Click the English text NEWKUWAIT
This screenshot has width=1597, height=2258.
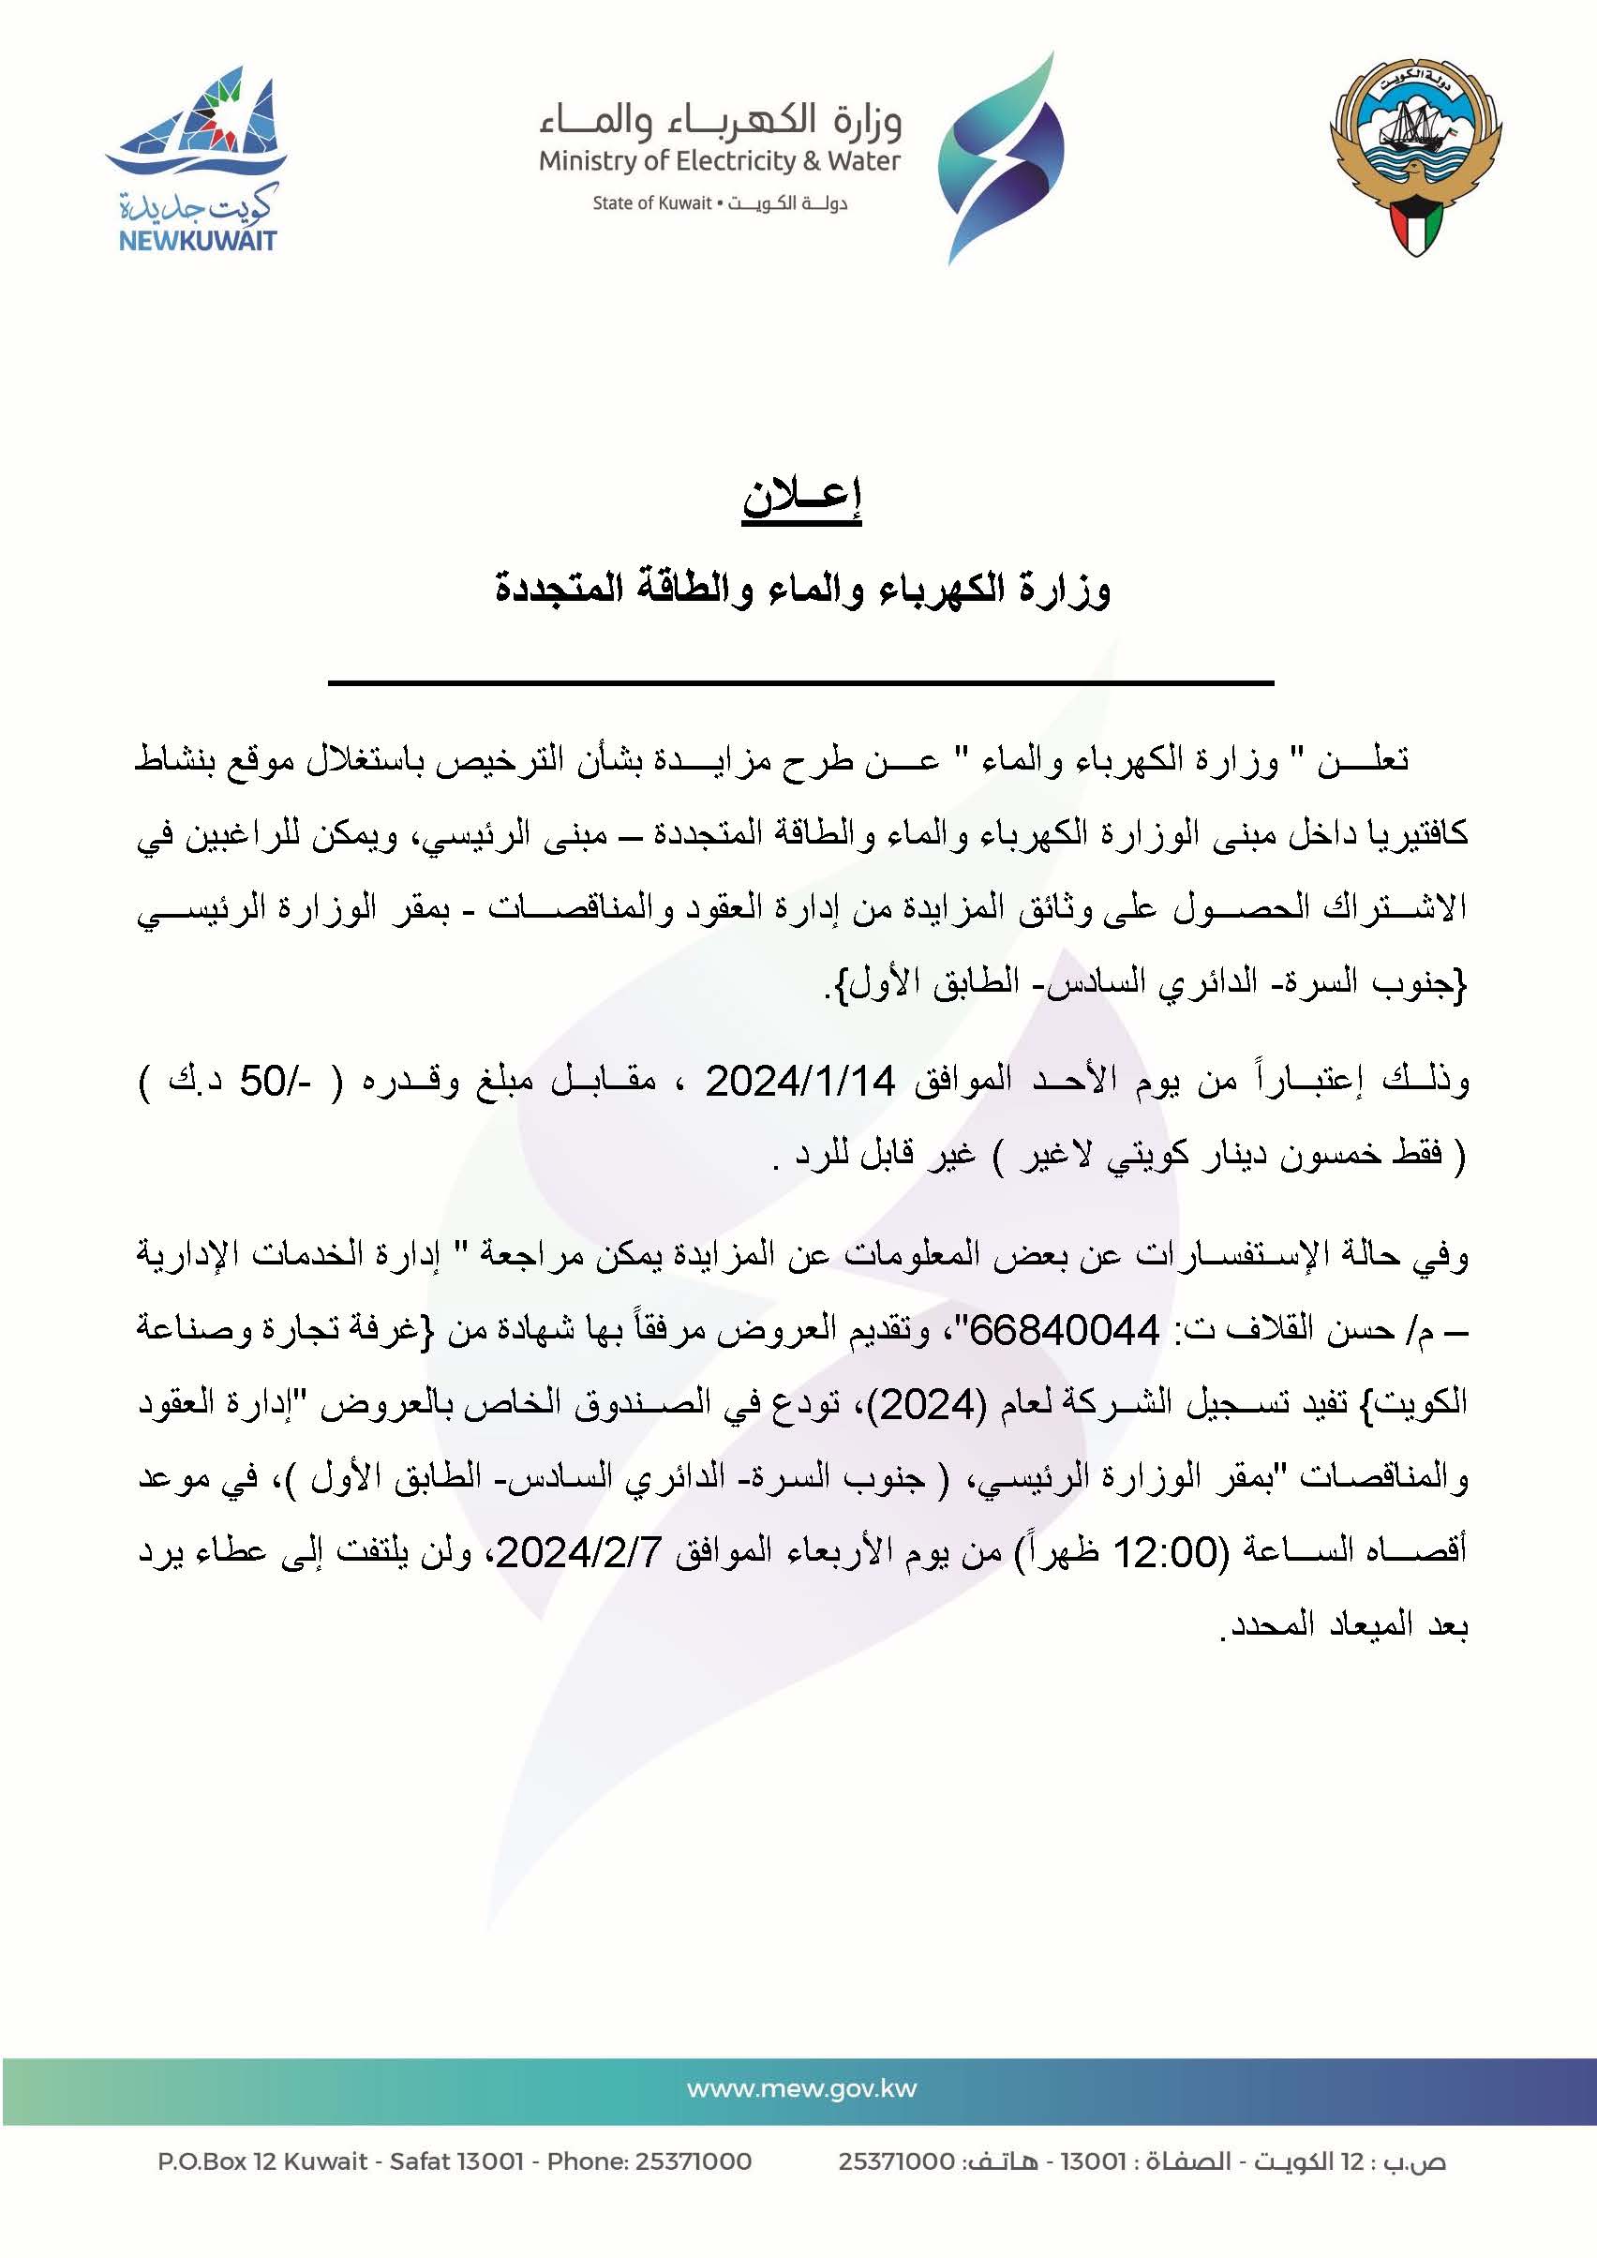(x=197, y=241)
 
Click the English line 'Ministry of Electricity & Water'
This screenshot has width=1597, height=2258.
(x=719, y=161)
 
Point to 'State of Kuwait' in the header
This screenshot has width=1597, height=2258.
(x=651, y=203)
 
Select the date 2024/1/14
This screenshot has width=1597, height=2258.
(x=800, y=1082)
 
